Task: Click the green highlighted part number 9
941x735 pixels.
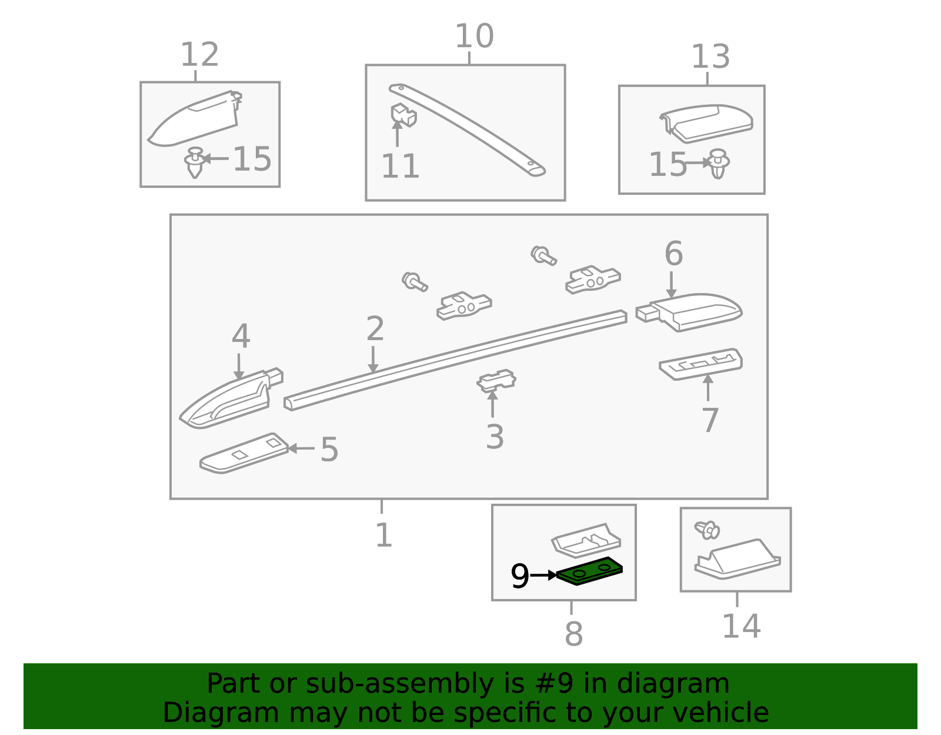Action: pos(589,571)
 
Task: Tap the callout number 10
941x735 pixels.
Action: pos(474,36)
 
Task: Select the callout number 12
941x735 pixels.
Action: pos(199,55)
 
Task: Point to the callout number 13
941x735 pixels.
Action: pos(710,56)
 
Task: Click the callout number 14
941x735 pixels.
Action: pos(742,626)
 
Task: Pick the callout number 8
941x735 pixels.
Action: pos(574,634)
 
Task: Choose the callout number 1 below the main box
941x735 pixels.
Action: pos(383,536)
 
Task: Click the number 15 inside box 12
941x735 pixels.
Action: pos(252,159)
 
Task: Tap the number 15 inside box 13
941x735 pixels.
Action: pos(668,165)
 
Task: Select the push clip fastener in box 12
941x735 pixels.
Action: pos(195,162)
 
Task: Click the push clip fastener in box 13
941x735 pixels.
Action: pos(719,164)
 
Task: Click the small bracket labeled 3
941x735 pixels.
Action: pos(496,381)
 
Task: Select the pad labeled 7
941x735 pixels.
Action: pos(701,364)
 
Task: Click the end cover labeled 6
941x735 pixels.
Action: pos(689,312)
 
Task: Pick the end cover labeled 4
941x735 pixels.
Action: pos(231,398)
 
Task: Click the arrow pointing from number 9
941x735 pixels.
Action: pos(543,575)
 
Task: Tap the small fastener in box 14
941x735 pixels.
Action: pos(707,530)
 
